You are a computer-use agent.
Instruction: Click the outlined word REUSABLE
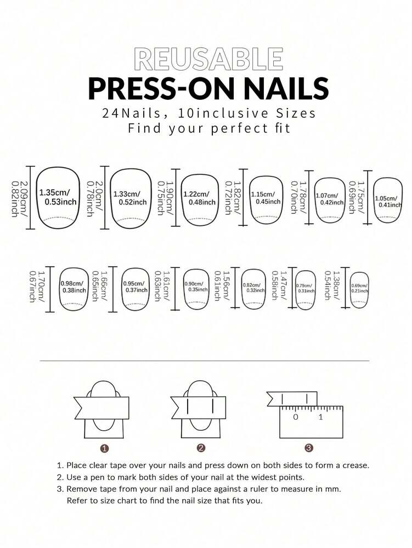209,59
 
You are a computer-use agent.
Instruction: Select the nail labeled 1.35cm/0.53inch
58,198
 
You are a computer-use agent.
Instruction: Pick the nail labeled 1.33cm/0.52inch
131,198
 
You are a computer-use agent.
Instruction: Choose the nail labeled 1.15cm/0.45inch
266,199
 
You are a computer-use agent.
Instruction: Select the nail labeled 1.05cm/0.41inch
388,200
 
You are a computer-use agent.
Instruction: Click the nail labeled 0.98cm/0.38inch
74,289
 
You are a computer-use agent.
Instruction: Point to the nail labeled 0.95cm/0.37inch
135,289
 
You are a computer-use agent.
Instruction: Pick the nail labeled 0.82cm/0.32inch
253,289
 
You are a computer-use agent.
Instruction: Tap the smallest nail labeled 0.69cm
359,289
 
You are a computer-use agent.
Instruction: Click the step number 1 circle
104,448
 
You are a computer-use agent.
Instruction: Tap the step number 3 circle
309,448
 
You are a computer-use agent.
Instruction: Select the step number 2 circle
201,448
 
